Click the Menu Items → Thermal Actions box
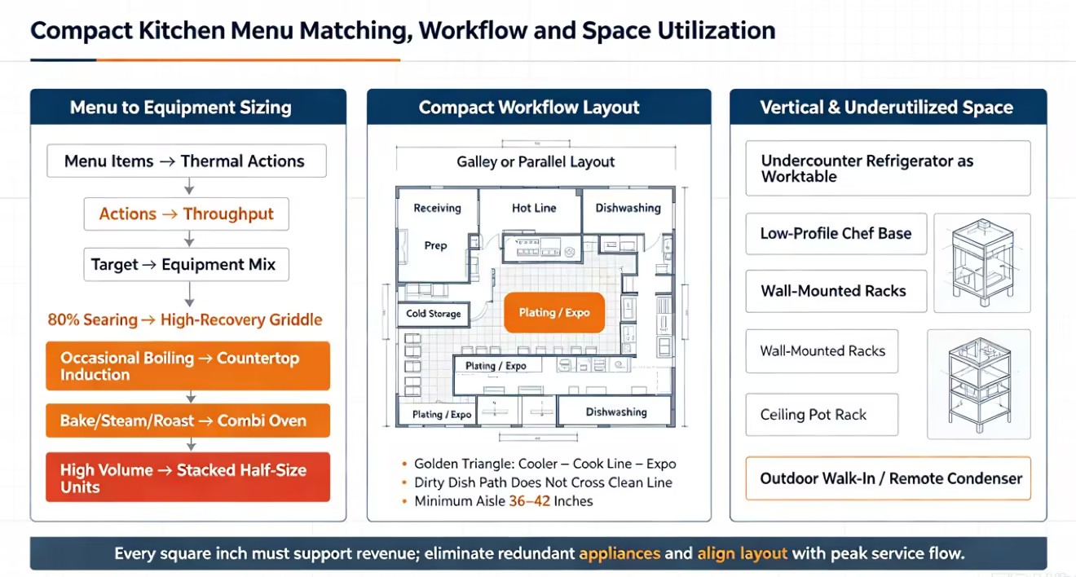point(187,161)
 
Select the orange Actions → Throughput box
point(187,214)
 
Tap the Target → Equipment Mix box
point(187,264)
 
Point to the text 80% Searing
point(93,320)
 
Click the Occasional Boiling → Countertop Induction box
point(187,366)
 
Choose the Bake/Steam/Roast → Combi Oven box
point(187,421)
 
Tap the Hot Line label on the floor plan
point(534,208)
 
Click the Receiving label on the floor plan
point(437,208)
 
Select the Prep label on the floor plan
point(435,245)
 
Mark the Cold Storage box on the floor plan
point(434,315)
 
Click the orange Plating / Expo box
point(554,313)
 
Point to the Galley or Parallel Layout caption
point(536,162)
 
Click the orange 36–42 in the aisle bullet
point(529,501)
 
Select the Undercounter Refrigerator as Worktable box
point(889,168)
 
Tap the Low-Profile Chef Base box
point(836,234)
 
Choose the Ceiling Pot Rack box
point(822,415)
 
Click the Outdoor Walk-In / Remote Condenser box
point(889,478)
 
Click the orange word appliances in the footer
point(620,553)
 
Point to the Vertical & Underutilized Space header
point(887,107)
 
